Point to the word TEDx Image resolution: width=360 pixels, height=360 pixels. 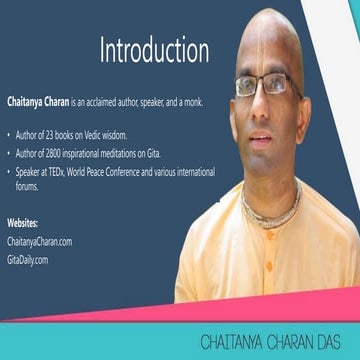click(x=68, y=169)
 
